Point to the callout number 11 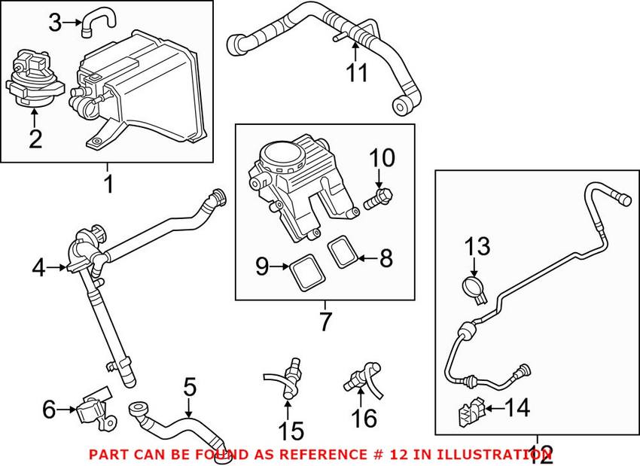[357, 73]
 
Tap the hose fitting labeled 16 [359, 374]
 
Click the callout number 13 [477, 246]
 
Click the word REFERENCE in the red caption [318, 455]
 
